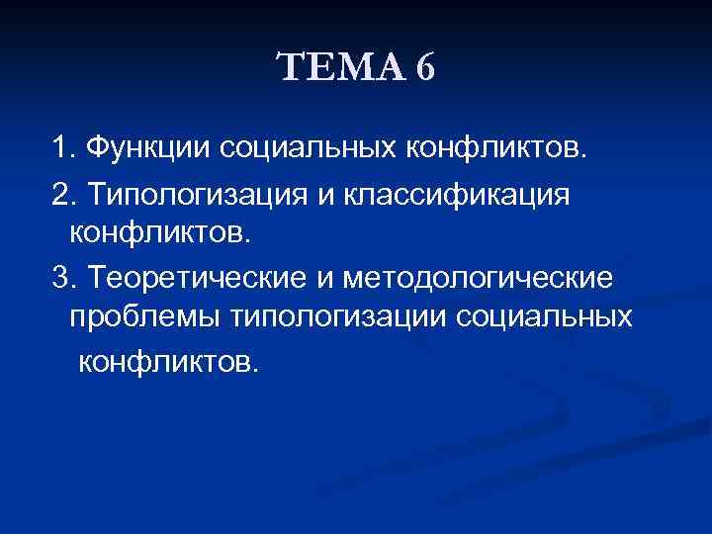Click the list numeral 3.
[60, 278]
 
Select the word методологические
[479, 278]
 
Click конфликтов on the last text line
[164, 363]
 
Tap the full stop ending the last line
[256, 369]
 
